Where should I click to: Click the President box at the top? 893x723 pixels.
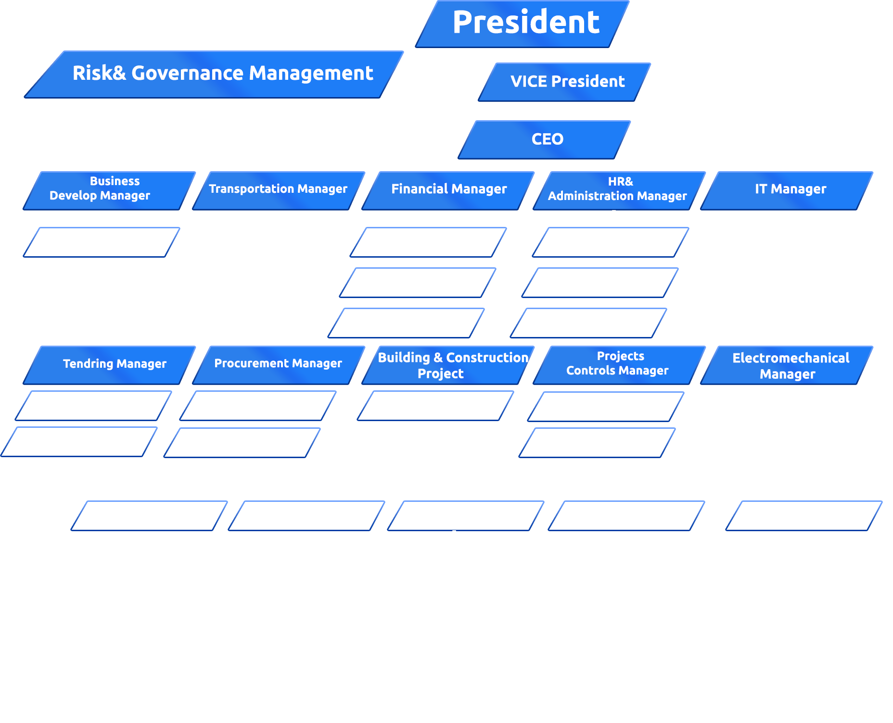[x=525, y=23]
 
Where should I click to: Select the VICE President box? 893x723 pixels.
[x=567, y=82]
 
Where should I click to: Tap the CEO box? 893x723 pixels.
[x=547, y=139]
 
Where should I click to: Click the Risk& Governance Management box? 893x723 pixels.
[x=222, y=74]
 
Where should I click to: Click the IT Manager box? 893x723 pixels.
[x=790, y=189]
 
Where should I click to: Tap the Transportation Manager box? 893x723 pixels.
[x=278, y=189]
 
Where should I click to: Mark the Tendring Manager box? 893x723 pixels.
[x=115, y=364]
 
